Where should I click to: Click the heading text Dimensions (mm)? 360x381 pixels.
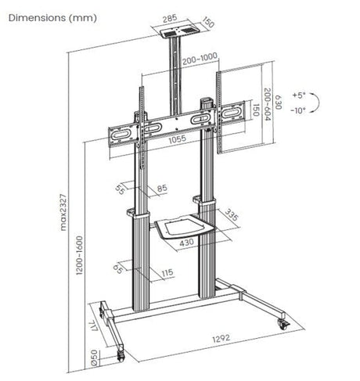[48, 17]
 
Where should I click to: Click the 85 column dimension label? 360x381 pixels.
[161, 189]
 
